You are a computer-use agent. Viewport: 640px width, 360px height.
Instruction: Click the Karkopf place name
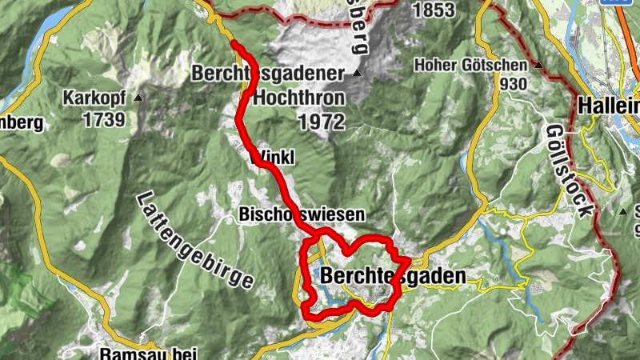[x=97, y=99]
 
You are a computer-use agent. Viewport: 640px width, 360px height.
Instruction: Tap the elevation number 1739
[x=102, y=120]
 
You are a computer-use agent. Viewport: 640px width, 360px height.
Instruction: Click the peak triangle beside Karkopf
[x=140, y=98]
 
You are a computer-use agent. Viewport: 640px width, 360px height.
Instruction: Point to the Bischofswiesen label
[x=302, y=214]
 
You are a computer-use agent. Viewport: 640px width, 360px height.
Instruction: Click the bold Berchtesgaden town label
[x=392, y=276]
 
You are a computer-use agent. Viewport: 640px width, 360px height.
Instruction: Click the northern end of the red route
[x=234, y=42]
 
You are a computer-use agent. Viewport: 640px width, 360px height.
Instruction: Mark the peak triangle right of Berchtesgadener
[x=357, y=74]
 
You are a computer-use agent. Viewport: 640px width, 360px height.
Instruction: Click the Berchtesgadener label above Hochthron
[x=267, y=74]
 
